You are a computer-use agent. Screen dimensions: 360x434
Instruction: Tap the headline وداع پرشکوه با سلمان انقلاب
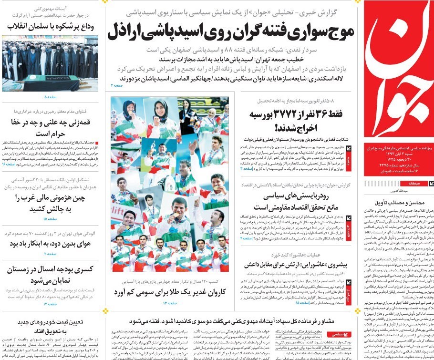tap(51, 27)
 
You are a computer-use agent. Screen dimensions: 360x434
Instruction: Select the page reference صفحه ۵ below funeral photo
tap(51, 97)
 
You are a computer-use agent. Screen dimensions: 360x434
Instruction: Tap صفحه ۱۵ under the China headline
tap(51, 219)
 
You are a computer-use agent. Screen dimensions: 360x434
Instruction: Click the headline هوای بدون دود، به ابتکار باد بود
tap(50, 243)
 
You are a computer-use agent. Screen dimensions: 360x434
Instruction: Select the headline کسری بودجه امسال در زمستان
tap(51, 269)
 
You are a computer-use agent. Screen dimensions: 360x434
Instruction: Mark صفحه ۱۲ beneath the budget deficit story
tap(51, 304)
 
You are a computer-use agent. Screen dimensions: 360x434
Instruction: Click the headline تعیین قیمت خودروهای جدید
tap(50, 322)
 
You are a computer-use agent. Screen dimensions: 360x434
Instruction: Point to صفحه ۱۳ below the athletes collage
tap(169, 303)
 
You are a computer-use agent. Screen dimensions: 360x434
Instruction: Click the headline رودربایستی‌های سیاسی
tap(283, 195)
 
